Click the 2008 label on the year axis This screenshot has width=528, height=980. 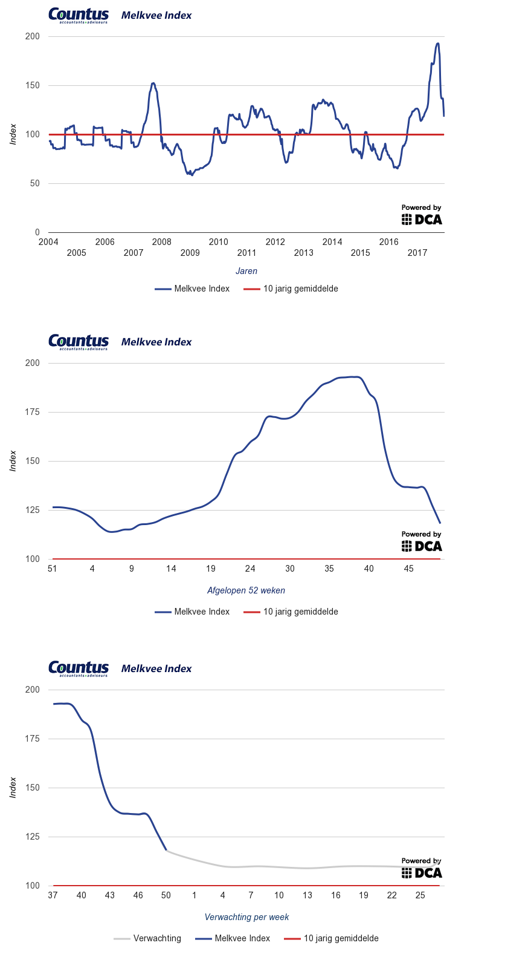tap(161, 242)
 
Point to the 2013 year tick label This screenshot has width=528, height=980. tap(303, 253)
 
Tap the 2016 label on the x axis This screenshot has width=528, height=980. tap(388, 242)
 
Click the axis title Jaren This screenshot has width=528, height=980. tap(246, 271)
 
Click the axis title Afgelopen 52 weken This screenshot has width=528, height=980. tap(246, 590)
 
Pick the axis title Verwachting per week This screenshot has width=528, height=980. tap(246, 917)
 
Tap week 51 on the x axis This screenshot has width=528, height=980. tap(53, 569)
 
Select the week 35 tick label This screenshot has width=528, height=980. tap(329, 569)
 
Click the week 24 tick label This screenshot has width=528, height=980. tap(250, 569)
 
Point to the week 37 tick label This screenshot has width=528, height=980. tap(53, 895)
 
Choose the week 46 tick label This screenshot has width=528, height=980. tap(138, 895)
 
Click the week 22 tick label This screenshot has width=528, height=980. tap(391, 895)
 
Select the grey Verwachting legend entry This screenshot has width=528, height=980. tap(147, 938)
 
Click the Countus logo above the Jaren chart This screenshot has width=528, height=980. tap(79, 15)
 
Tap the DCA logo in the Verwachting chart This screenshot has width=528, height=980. tap(422, 869)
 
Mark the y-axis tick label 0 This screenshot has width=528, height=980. tap(37, 232)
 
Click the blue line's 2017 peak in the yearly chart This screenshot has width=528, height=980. tap(437, 44)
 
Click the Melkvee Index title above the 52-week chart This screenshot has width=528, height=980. tap(156, 342)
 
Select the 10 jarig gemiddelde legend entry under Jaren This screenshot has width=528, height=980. tap(291, 289)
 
